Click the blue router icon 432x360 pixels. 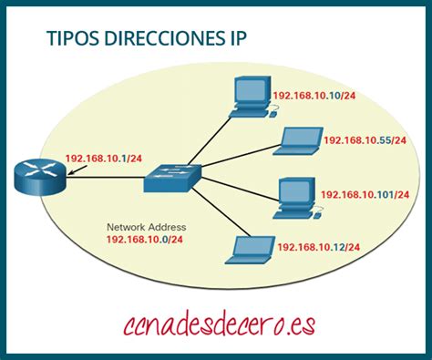click(x=40, y=177)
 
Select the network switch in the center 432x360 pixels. click(x=170, y=178)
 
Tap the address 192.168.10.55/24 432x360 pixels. click(x=364, y=140)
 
